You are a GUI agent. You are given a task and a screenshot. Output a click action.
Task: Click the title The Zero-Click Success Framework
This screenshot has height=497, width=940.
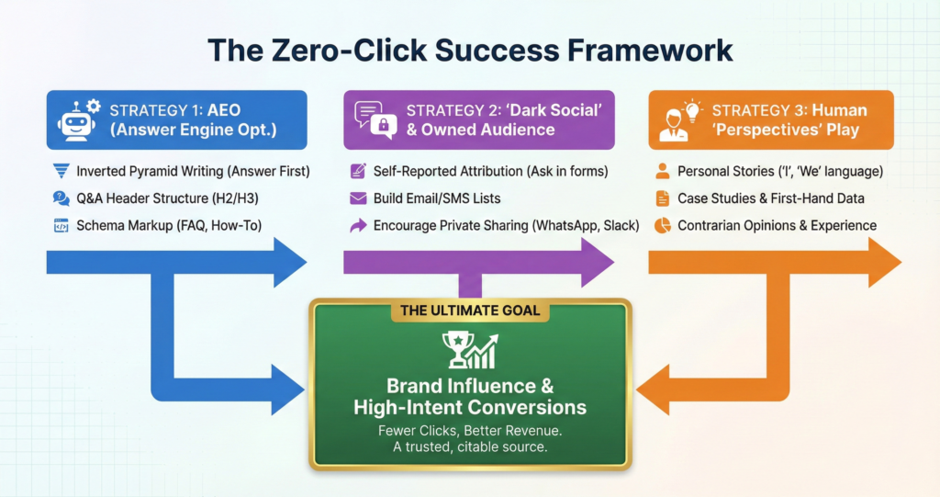(x=470, y=50)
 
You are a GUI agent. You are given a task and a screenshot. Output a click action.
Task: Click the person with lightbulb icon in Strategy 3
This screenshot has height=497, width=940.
(x=677, y=120)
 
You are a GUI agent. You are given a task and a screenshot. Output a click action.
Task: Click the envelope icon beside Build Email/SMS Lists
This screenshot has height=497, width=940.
(x=358, y=198)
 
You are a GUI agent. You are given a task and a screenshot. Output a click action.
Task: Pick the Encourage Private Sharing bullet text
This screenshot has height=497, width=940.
(x=506, y=225)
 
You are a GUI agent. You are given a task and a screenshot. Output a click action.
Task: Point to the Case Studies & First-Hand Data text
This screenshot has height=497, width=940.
(x=771, y=198)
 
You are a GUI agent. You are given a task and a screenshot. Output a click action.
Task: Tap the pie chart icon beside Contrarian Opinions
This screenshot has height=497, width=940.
(x=662, y=225)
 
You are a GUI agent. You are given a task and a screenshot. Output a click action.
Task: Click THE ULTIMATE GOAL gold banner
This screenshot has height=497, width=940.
(x=470, y=311)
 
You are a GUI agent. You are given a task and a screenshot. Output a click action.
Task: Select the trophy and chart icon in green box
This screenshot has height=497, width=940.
(x=470, y=351)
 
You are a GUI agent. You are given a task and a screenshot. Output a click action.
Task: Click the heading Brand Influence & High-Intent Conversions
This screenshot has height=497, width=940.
(x=470, y=397)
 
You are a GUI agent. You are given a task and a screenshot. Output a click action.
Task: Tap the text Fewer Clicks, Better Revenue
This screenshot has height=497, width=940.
(x=470, y=430)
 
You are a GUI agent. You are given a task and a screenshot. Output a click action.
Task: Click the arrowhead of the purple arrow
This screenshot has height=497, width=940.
(x=597, y=263)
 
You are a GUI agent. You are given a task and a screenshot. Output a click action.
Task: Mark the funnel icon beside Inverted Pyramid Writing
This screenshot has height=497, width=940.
(x=62, y=171)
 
